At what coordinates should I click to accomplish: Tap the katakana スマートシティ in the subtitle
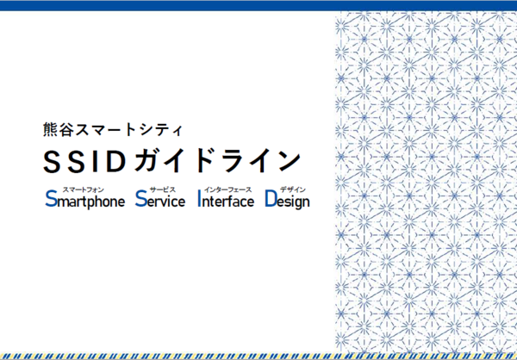(x=129, y=130)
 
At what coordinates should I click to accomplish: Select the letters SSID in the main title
(x=85, y=162)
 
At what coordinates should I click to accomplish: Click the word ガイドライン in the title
(x=218, y=162)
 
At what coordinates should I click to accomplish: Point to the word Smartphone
(x=85, y=200)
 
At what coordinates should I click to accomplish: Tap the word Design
(x=288, y=200)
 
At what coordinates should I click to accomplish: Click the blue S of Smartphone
(x=51, y=199)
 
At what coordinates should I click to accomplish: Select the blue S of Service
(x=140, y=199)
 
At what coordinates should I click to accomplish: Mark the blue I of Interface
(x=199, y=199)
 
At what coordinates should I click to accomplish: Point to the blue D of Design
(x=271, y=199)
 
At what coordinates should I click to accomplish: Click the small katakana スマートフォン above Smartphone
(x=83, y=189)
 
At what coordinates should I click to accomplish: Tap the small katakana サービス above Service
(x=163, y=189)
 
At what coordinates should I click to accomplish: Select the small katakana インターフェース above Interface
(x=227, y=189)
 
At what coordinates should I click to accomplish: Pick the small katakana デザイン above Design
(x=293, y=189)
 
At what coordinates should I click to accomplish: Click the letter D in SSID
(x=117, y=162)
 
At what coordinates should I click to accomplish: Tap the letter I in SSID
(x=96, y=162)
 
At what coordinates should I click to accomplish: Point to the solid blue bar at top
(x=258, y=6)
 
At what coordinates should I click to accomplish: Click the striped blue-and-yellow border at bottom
(x=258, y=357)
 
